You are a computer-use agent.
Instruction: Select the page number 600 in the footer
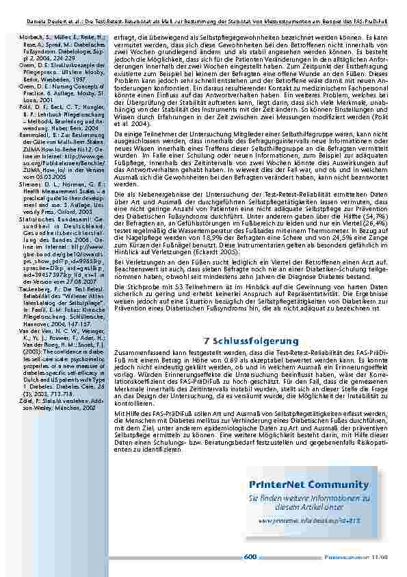point(250,557)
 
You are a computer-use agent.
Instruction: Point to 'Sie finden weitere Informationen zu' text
point(299,499)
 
